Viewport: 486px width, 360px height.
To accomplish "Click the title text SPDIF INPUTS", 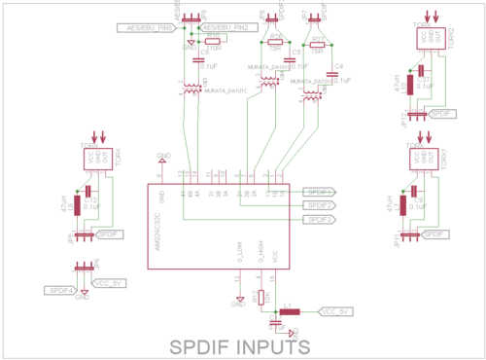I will click(x=240, y=345).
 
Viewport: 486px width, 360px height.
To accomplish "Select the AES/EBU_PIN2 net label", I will click(x=229, y=28).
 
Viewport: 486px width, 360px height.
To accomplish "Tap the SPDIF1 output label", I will click(x=321, y=192).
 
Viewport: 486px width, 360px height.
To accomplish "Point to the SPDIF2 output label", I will click(x=321, y=205).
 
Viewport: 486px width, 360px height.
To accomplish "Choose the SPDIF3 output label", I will click(x=321, y=220).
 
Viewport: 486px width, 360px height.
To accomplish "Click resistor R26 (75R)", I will click(x=275, y=43).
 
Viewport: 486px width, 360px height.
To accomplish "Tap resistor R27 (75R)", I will click(x=317, y=46).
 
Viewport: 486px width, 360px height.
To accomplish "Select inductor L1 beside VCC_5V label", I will click(x=289, y=312).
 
